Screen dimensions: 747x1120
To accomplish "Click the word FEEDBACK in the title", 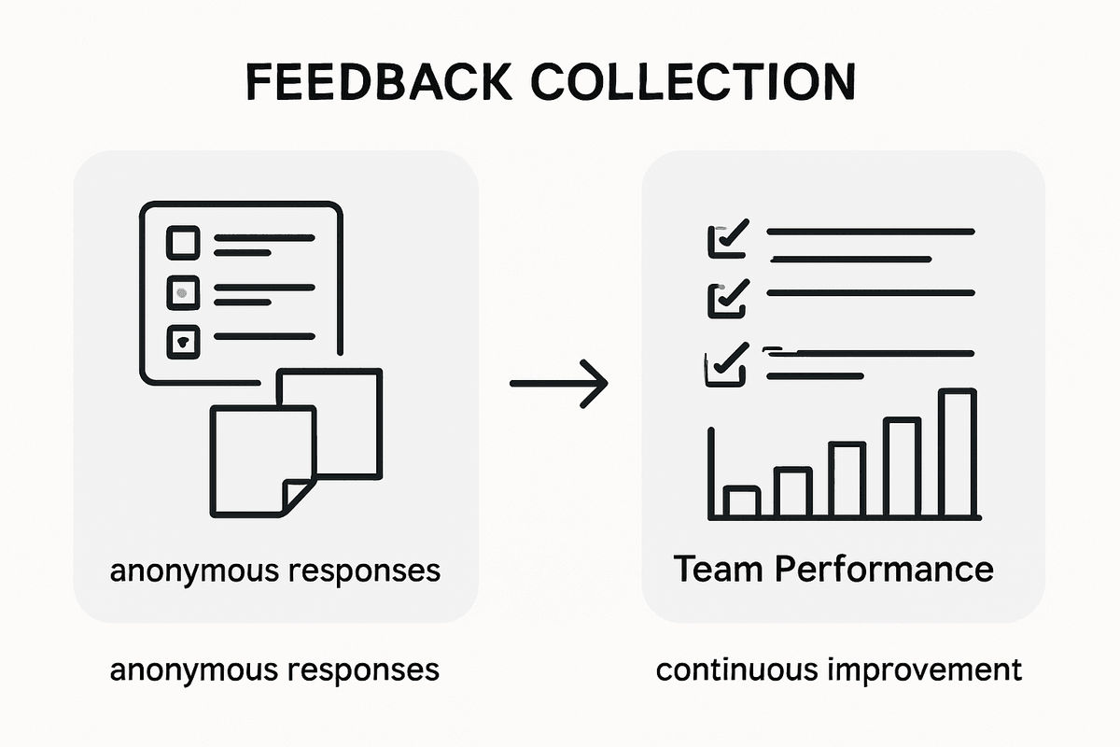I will click(378, 82).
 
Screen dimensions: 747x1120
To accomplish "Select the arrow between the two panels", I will click(558, 383).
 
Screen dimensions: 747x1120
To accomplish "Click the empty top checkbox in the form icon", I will click(183, 243).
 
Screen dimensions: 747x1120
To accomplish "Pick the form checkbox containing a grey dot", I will click(183, 293).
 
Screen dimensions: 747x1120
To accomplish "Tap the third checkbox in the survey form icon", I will click(183, 343).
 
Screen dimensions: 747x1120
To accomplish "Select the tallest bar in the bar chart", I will click(957, 454).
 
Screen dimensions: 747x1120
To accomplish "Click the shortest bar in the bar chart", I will click(742, 502).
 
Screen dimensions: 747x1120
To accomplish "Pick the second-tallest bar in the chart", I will click(902, 468).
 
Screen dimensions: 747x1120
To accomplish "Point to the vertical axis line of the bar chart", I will click(711, 472).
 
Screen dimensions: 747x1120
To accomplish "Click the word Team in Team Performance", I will click(713, 569).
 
